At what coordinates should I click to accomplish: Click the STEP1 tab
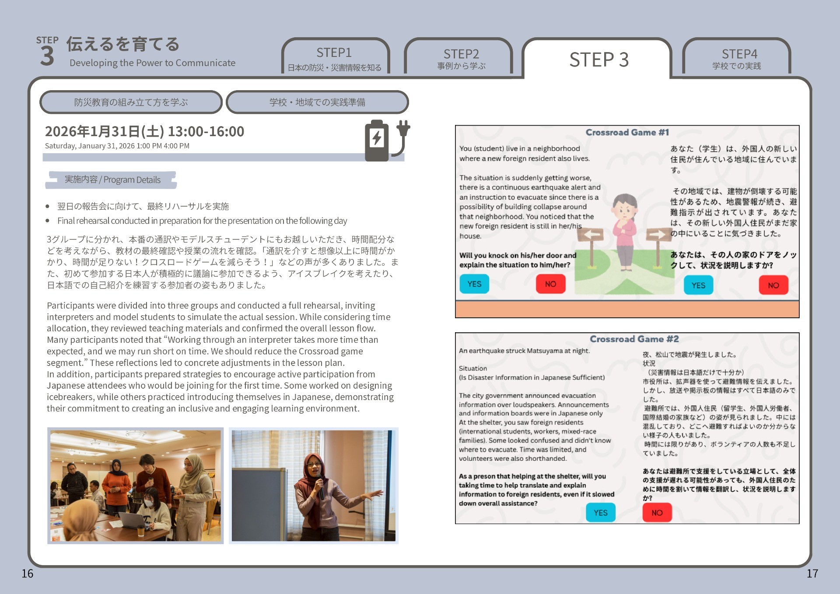click(x=335, y=57)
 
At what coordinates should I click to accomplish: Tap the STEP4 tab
click(x=737, y=57)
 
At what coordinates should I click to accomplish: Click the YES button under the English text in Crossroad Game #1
click(x=474, y=284)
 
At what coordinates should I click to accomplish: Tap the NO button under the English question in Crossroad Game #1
click(x=550, y=284)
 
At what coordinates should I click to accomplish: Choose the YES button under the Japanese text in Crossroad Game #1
click(x=698, y=285)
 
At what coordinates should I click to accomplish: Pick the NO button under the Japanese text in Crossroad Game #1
click(x=773, y=285)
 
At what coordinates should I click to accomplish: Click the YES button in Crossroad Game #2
click(x=601, y=513)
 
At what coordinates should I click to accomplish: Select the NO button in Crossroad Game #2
click(x=657, y=513)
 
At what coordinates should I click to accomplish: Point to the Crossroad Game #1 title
click(x=627, y=132)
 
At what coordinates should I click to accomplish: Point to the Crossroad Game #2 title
click(x=634, y=339)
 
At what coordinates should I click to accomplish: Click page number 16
click(x=28, y=573)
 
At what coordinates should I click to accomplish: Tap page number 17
click(x=812, y=573)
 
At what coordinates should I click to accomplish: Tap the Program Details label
click(x=112, y=180)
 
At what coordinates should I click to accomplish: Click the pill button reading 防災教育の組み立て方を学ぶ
click(x=131, y=102)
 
